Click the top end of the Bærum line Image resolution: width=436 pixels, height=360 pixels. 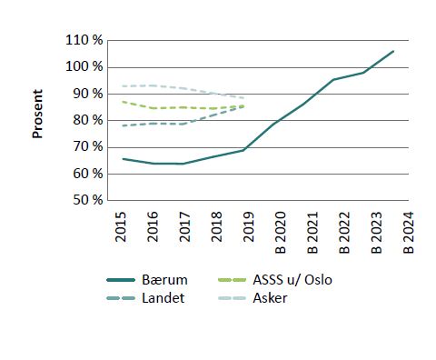(x=393, y=52)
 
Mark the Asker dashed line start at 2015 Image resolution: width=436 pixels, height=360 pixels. (x=123, y=86)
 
